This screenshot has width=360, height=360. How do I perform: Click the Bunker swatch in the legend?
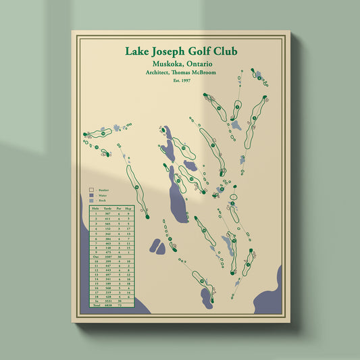coord(92,190)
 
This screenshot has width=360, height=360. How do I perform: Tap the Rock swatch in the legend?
coord(92,202)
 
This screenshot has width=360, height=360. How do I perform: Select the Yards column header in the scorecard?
coord(108,209)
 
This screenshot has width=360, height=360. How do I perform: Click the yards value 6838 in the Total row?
coord(108,305)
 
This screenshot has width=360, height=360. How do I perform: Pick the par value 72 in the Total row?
coord(119,305)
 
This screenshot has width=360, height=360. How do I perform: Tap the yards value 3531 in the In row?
coord(108,301)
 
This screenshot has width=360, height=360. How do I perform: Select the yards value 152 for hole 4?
coord(108,228)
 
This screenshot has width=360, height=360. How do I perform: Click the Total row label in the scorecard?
coord(95,305)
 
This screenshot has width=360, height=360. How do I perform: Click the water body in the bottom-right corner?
coord(267,297)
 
